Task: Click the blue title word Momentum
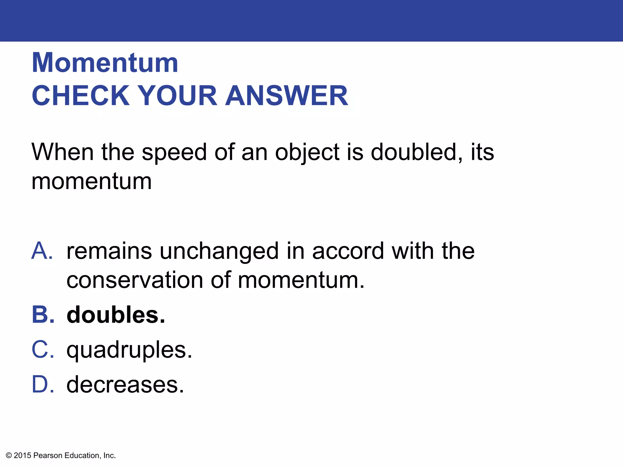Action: (105, 63)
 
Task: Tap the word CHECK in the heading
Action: (81, 96)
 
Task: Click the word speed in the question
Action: (174, 153)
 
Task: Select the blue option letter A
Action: (42, 251)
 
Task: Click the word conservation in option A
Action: (135, 280)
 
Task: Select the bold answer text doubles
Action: (116, 315)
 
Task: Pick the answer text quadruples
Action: (129, 351)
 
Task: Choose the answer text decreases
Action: (125, 385)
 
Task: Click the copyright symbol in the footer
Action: (9, 455)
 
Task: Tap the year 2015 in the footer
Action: (23, 455)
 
